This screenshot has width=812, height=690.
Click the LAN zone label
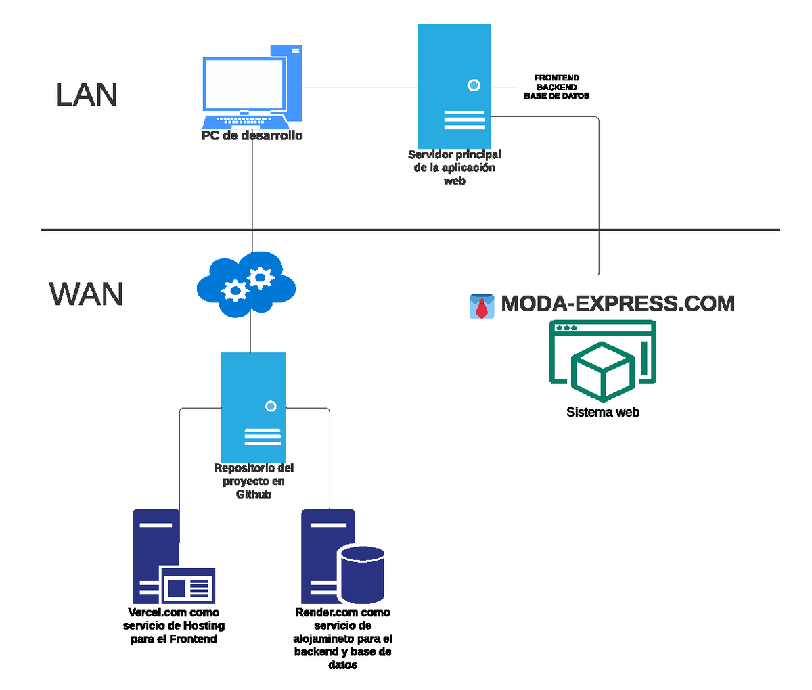(87, 95)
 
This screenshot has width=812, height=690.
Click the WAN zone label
(87, 294)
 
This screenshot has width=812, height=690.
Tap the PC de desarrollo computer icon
(252, 87)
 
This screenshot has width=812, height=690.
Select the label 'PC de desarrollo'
(252, 136)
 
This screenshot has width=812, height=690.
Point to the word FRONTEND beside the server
(557, 78)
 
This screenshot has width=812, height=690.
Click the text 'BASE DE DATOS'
(557, 96)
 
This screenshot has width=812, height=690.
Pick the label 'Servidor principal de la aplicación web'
(455, 168)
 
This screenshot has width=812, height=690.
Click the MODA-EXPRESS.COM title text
(617, 303)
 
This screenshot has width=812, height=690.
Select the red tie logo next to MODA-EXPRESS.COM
(481, 306)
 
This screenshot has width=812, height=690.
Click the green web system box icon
(603, 361)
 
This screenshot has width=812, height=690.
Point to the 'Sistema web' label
(603, 412)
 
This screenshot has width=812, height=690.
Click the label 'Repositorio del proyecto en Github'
(254, 481)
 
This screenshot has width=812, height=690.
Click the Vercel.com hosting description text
(174, 626)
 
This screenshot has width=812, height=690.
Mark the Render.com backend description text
(343, 639)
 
